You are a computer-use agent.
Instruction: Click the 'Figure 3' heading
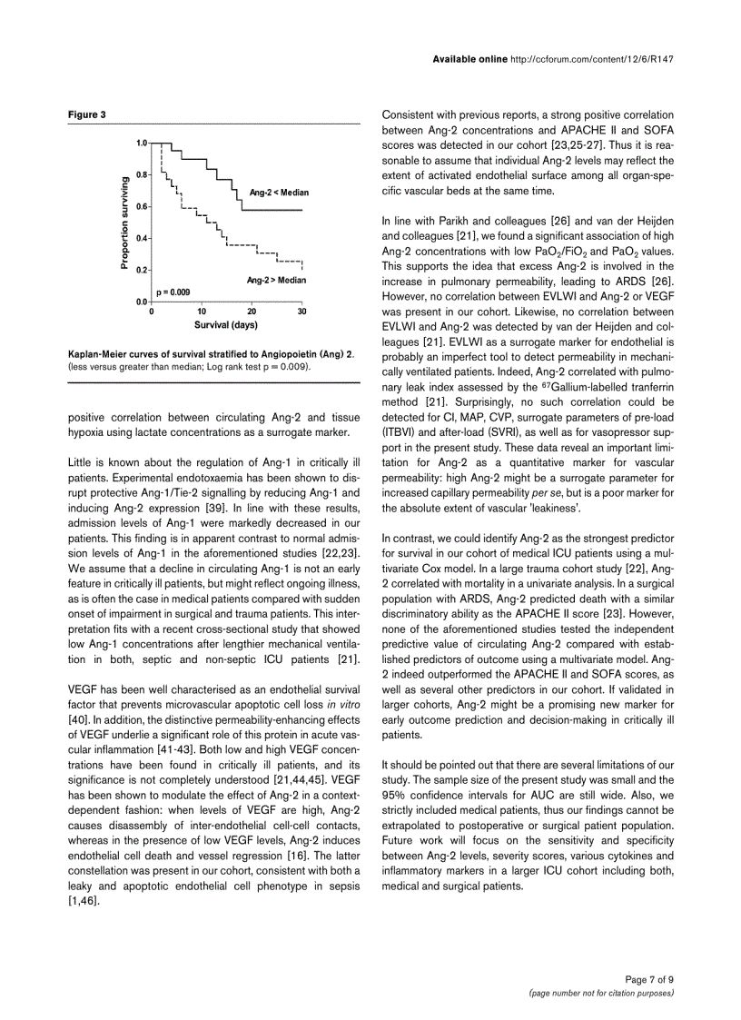coord(87,114)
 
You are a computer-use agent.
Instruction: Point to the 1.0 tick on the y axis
coord(142,144)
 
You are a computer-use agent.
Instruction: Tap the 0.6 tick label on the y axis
coord(142,206)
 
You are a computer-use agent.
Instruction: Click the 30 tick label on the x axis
coord(301,311)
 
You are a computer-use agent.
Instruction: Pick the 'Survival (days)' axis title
coord(226,324)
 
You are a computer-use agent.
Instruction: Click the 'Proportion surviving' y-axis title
coord(124,223)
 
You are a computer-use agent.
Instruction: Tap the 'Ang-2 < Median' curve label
coord(280,193)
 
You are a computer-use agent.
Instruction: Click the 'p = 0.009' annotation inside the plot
coord(173,292)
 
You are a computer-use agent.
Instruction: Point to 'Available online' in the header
coord(469,60)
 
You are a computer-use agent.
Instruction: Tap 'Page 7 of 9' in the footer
coord(649,979)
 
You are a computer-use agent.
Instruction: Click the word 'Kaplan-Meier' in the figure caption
coord(95,352)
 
